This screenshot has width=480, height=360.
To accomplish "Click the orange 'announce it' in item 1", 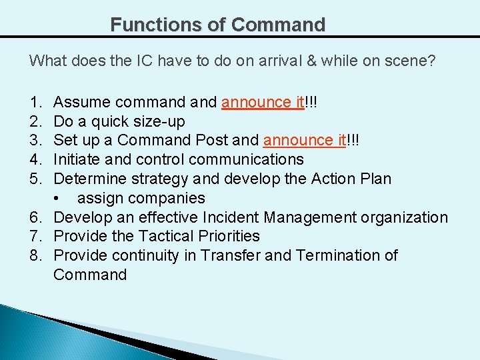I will (x=263, y=102).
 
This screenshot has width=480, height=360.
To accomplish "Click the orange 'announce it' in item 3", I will (x=305, y=141).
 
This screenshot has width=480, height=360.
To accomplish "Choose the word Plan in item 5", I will (x=375, y=179).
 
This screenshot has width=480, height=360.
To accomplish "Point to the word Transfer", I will (x=232, y=255).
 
